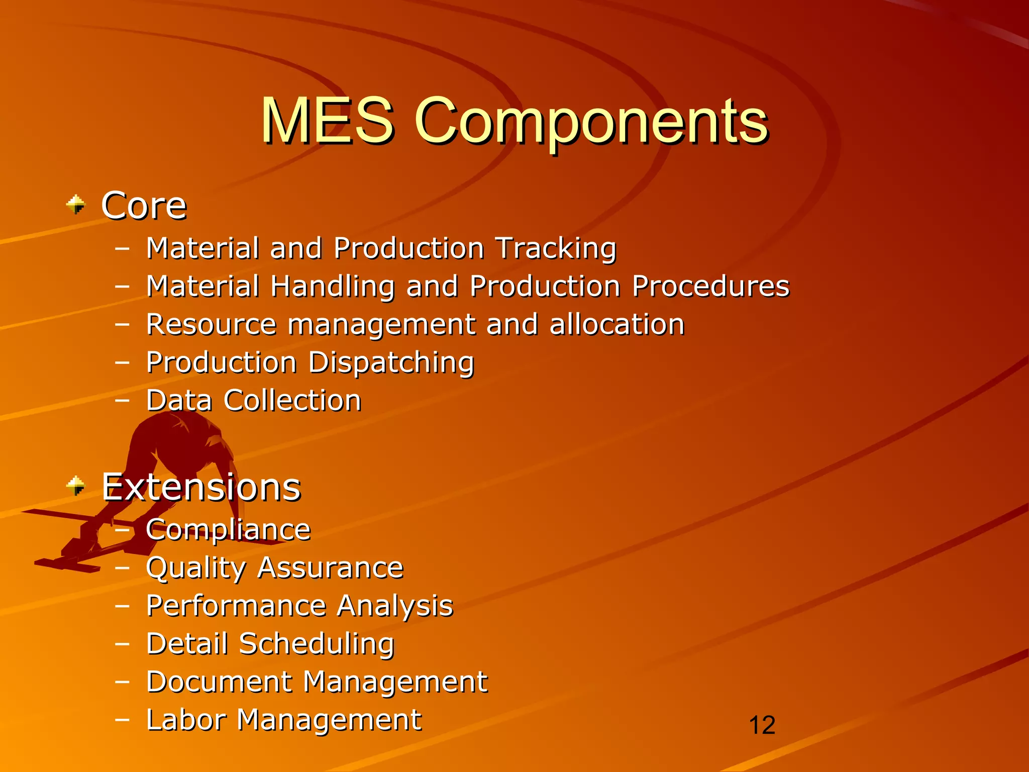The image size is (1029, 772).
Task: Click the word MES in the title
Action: pos(327,121)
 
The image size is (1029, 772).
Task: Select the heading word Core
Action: pos(144,206)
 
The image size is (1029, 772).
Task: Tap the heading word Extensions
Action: pos(201,487)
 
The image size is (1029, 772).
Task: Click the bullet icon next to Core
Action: pos(76,205)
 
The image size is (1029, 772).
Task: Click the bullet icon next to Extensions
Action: pos(76,486)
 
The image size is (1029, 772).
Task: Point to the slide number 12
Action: pos(762,725)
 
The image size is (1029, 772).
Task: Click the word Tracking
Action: pos(556,248)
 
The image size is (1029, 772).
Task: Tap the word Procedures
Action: pos(710,286)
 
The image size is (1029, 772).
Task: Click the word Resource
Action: pos(211,324)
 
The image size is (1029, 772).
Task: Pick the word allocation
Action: pos(617,324)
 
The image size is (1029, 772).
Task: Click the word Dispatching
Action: pos(391,362)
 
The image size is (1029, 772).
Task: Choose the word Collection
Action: pos(292,401)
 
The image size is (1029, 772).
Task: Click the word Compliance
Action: pos(228,530)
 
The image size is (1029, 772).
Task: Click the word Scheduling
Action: pos(317,644)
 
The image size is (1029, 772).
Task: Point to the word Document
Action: pos(219,682)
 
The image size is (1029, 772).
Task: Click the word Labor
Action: pos(185,720)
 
